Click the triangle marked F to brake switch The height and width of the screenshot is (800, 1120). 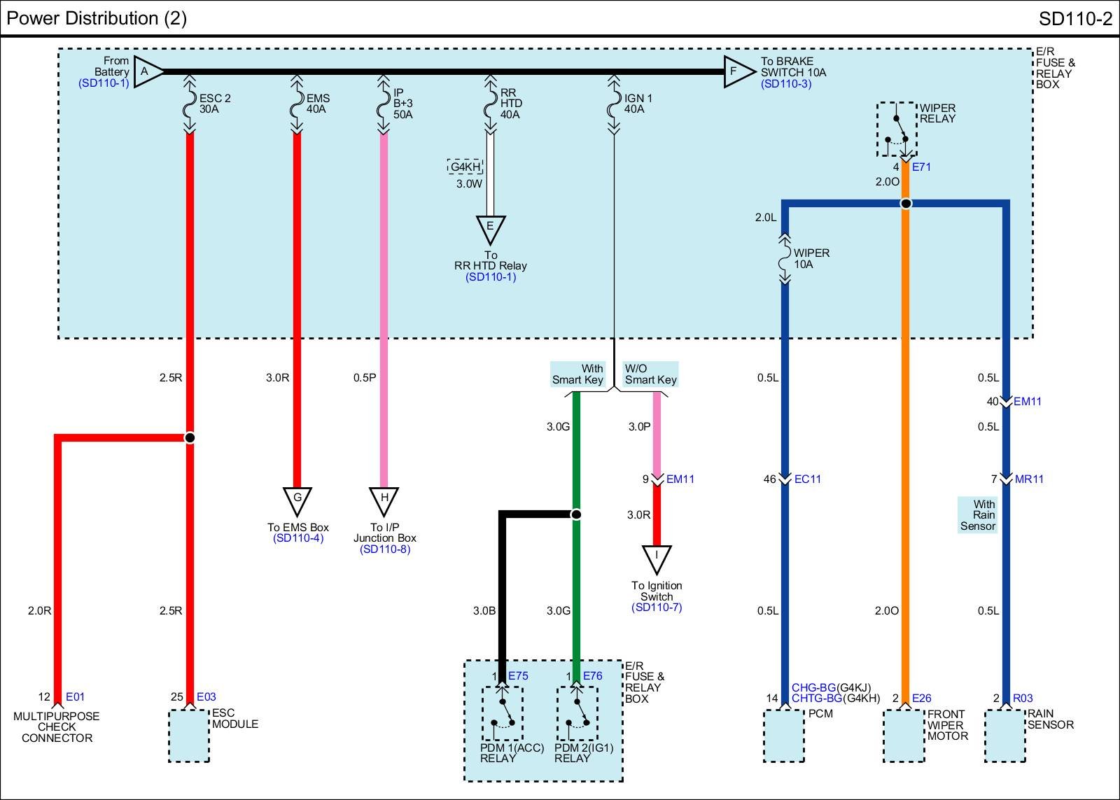pos(737,71)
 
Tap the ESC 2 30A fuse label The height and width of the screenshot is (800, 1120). pos(214,104)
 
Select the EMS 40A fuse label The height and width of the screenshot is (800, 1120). pos(318,104)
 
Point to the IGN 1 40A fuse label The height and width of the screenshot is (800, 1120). pos(638,104)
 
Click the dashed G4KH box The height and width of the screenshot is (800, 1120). pos(465,167)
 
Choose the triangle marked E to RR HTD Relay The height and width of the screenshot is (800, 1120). pos(490,228)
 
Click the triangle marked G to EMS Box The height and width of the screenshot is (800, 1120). pos(297,500)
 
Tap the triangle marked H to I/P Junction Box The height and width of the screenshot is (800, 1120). pos(384,500)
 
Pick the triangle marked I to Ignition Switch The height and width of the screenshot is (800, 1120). pos(657,559)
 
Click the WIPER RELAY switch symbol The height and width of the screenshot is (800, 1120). pos(897,130)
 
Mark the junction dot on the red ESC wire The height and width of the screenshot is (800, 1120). pos(190,437)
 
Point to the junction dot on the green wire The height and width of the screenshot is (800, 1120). pos(576,514)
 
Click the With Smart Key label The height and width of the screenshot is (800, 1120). pos(577,374)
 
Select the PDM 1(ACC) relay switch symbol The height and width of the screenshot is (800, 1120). pos(502,713)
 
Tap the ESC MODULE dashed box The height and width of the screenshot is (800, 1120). pos(189,736)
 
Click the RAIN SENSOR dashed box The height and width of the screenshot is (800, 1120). pos(1005,736)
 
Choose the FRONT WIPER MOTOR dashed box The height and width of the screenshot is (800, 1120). pos(904,736)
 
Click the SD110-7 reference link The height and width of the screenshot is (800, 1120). pos(656,608)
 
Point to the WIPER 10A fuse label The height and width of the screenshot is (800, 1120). pos(811,259)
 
